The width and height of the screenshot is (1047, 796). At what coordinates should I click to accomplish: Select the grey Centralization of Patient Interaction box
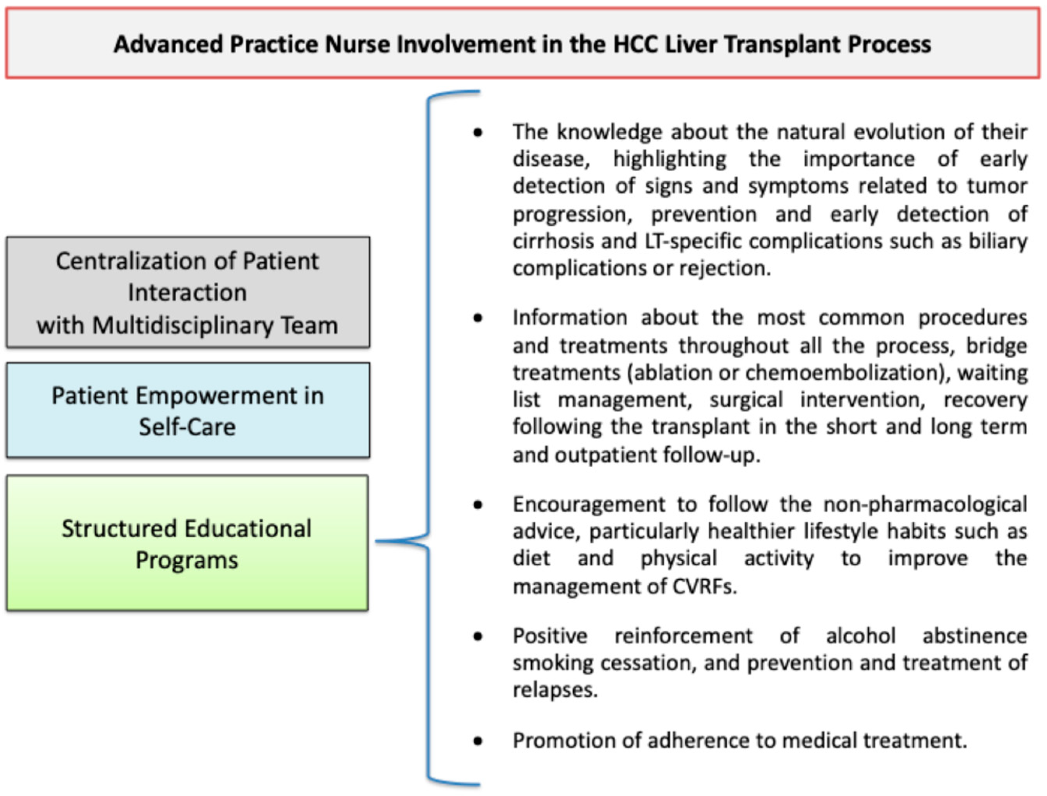pyautogui.click(x=188, y=292)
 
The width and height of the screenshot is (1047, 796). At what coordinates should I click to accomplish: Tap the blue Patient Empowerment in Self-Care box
pyautogui.click(x=188, y=410)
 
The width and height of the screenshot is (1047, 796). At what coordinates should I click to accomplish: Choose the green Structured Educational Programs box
pyautogui.click(x=187, y=543)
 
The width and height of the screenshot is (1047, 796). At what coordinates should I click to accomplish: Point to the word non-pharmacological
pyautogui.click(x=925, y=504)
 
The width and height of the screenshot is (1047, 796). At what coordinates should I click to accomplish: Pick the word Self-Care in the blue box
pyautogui.click(x=187, y=427)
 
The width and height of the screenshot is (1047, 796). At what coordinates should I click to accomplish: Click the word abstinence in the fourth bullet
pyautogui.click(x=975, y=636)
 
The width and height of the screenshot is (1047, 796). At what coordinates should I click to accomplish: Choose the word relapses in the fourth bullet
pyautogui.click(x=554, y=690)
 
